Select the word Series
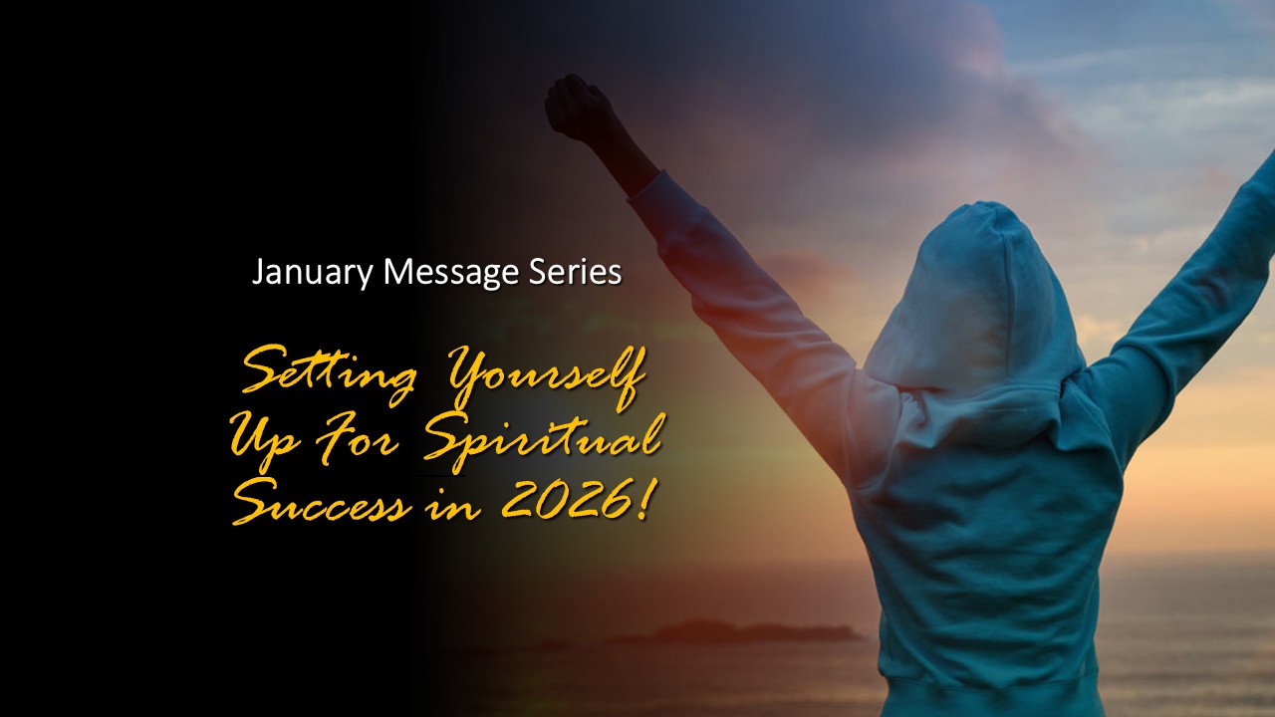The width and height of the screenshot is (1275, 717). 578,272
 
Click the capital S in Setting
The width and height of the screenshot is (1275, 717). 262,376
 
